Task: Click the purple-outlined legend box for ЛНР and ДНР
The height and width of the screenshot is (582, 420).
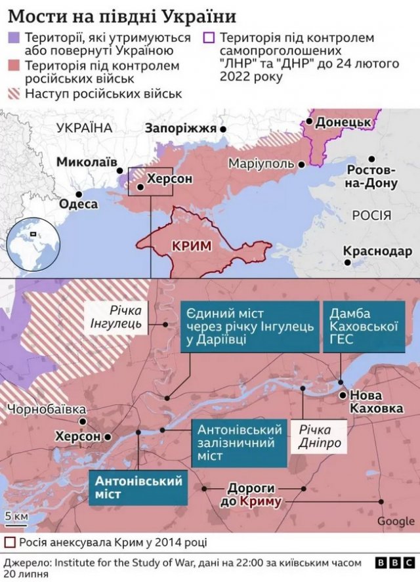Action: point(210,39)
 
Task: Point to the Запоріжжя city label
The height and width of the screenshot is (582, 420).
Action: point(180,129)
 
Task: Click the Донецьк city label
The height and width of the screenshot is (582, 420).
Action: point(343,123)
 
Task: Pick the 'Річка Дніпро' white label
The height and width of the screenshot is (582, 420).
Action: point(320,436)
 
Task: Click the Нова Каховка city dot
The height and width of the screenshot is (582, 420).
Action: point(342,395)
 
